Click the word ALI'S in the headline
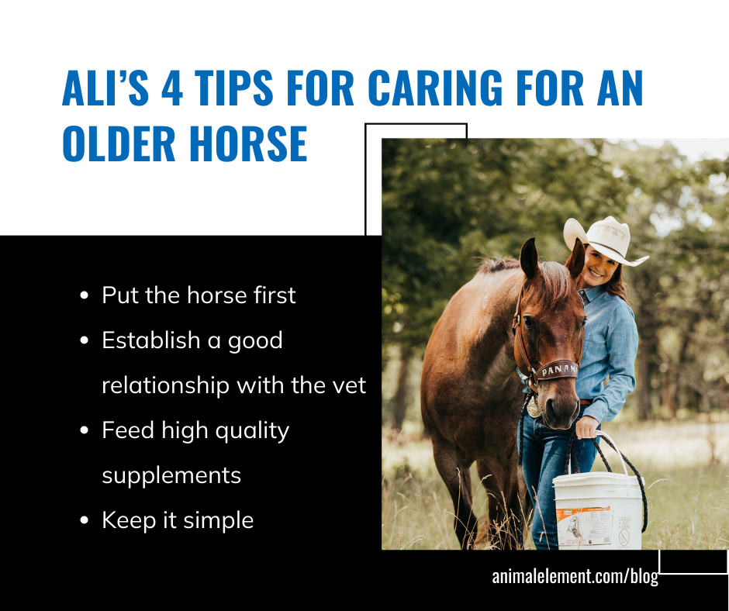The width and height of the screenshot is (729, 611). (x=105, y=88)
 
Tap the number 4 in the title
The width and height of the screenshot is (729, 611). (x=172, y=88)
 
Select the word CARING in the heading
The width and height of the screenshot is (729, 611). (x=435, y=88)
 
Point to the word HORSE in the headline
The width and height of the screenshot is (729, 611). (x=248, y=143)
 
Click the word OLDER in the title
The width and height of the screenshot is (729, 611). (x=119, y=143)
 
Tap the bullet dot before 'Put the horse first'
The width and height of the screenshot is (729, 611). (x=85, y=295)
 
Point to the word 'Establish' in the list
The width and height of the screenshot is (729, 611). (x=151, y=340)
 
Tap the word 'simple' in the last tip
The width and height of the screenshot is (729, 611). (x=219, y=521)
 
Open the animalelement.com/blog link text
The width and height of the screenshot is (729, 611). (x=575, y=577)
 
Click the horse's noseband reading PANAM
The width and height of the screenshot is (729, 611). (x=557, y=370)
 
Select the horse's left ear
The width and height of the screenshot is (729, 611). (x=529, y=258)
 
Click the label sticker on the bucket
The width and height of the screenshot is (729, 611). (x=585, y=526)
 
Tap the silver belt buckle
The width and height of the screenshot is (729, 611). (x=534, y=406)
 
